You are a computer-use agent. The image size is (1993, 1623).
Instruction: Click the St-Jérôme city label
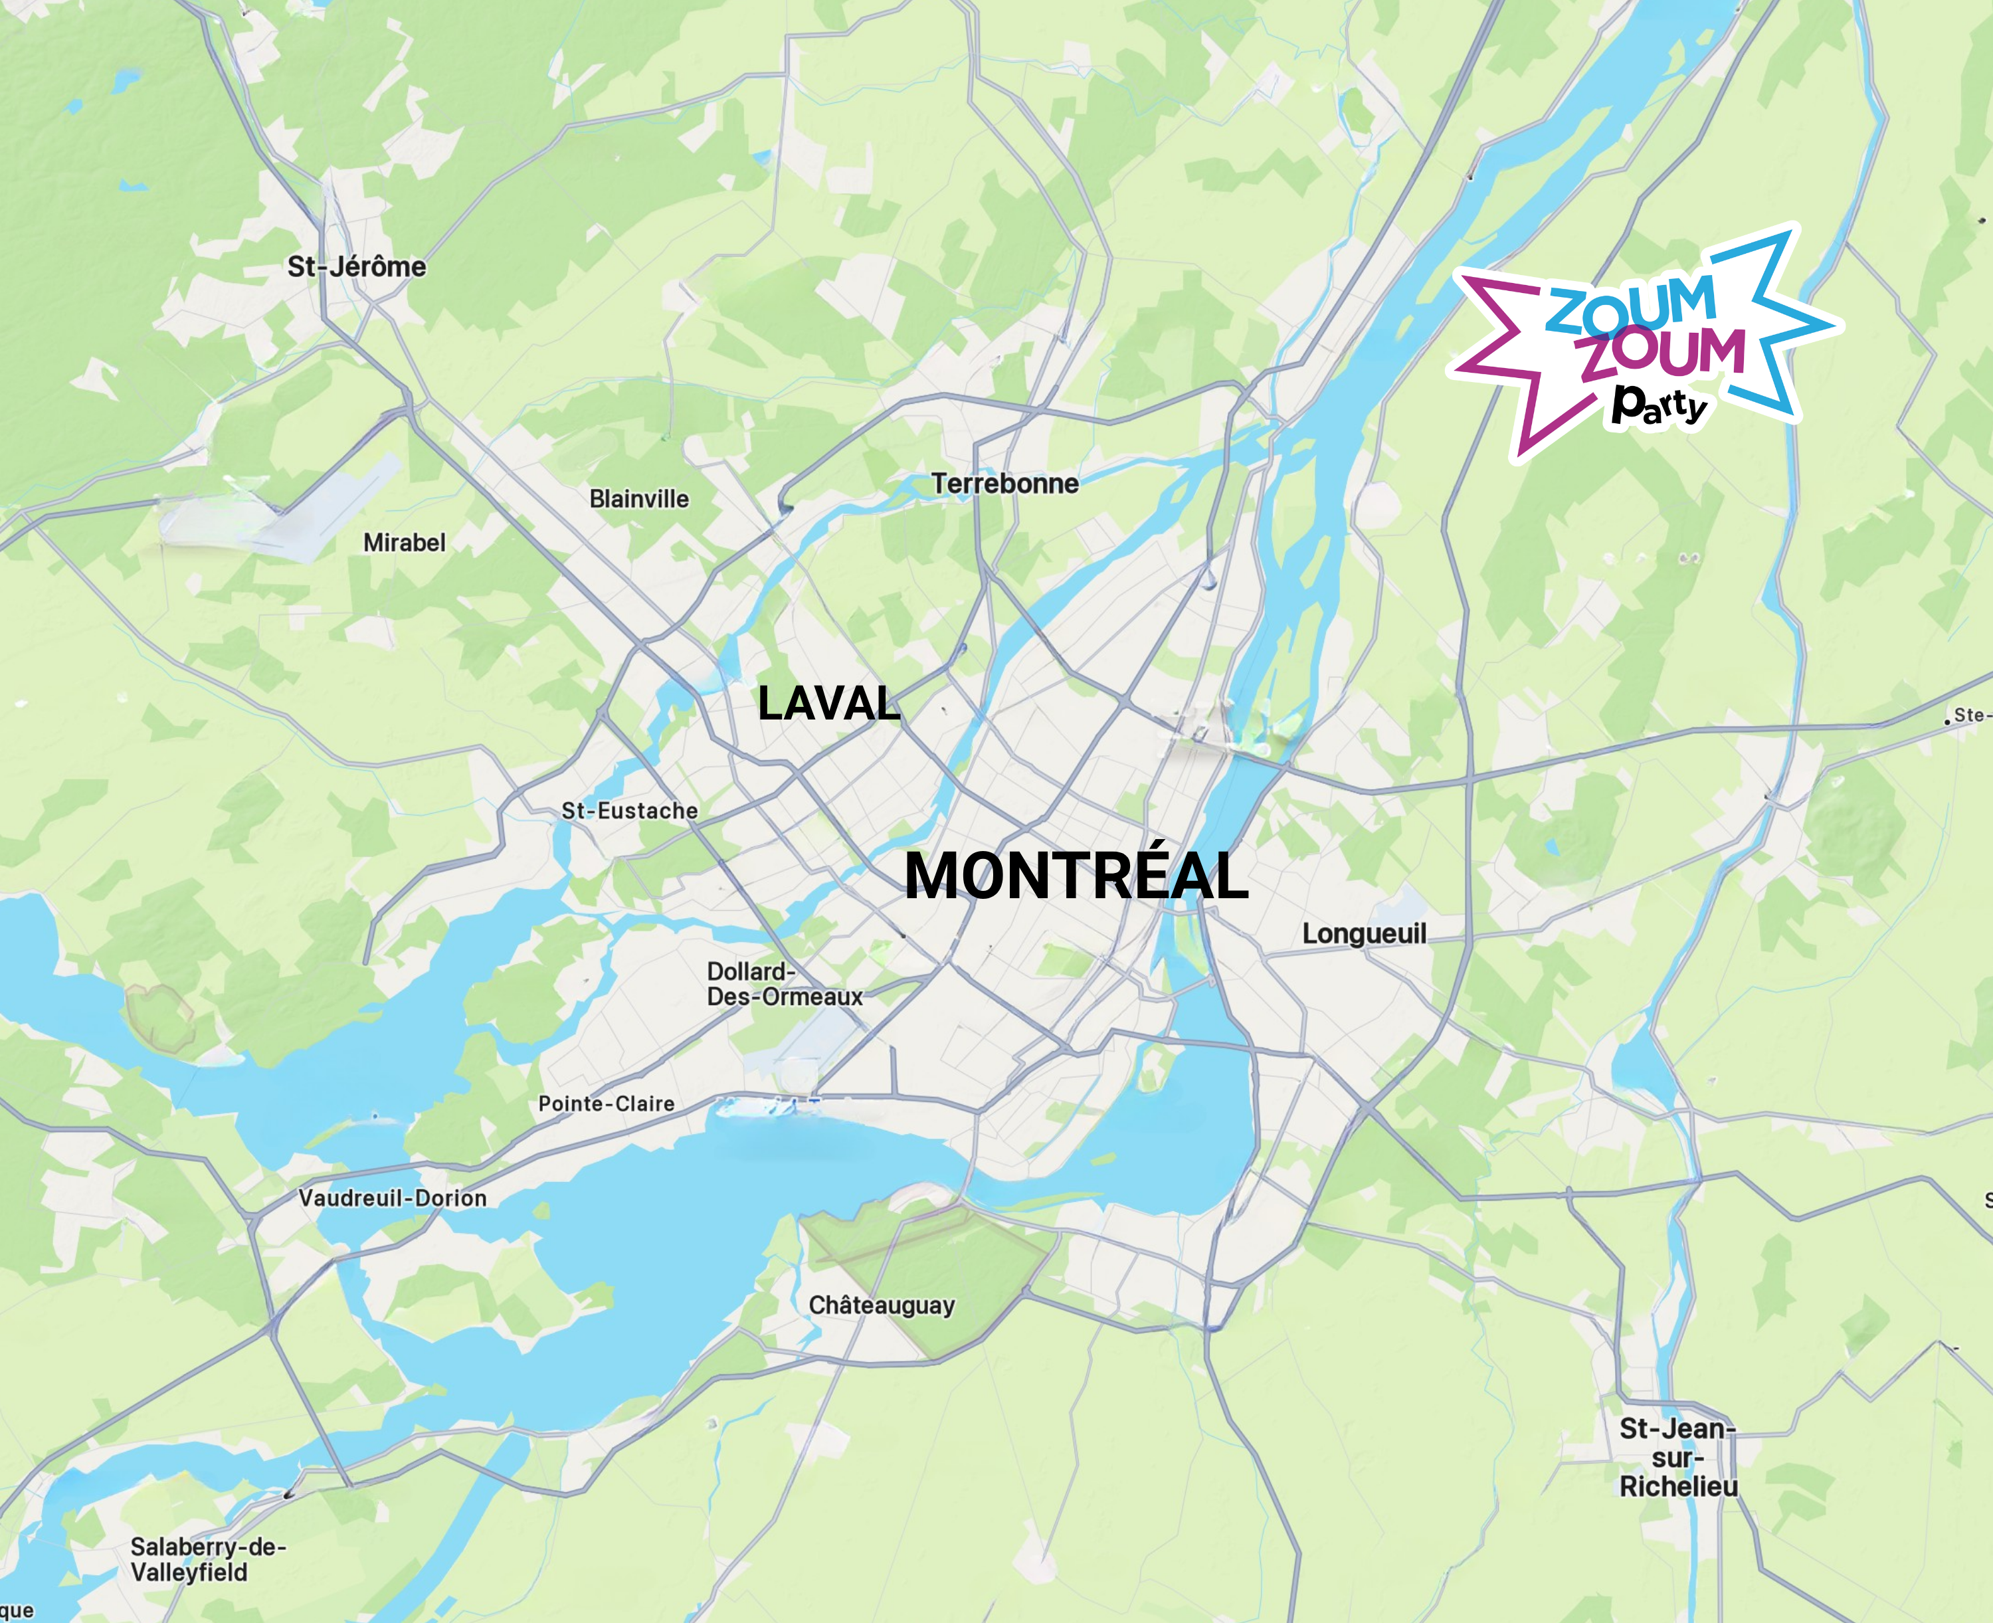[x=356, y=267]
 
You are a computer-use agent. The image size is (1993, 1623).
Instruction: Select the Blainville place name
[x=638, y=499]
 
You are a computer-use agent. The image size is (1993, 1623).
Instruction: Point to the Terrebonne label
[x=1005, y=484]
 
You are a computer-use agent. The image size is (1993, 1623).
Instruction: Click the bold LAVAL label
[x=828, y=703]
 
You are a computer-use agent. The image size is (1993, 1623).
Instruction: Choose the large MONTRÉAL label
[x=1076, y=877]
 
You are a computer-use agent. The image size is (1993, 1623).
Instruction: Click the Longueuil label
[x=1364, y=934]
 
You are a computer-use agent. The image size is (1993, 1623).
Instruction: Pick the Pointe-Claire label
[x=606, y=1104]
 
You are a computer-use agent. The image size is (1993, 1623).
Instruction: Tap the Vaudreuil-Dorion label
[x=393, y=1198]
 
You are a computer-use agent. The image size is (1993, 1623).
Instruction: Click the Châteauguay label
[x=882, y=1305]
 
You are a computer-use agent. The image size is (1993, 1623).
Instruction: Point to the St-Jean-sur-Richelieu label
[x=1678, y=1458]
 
